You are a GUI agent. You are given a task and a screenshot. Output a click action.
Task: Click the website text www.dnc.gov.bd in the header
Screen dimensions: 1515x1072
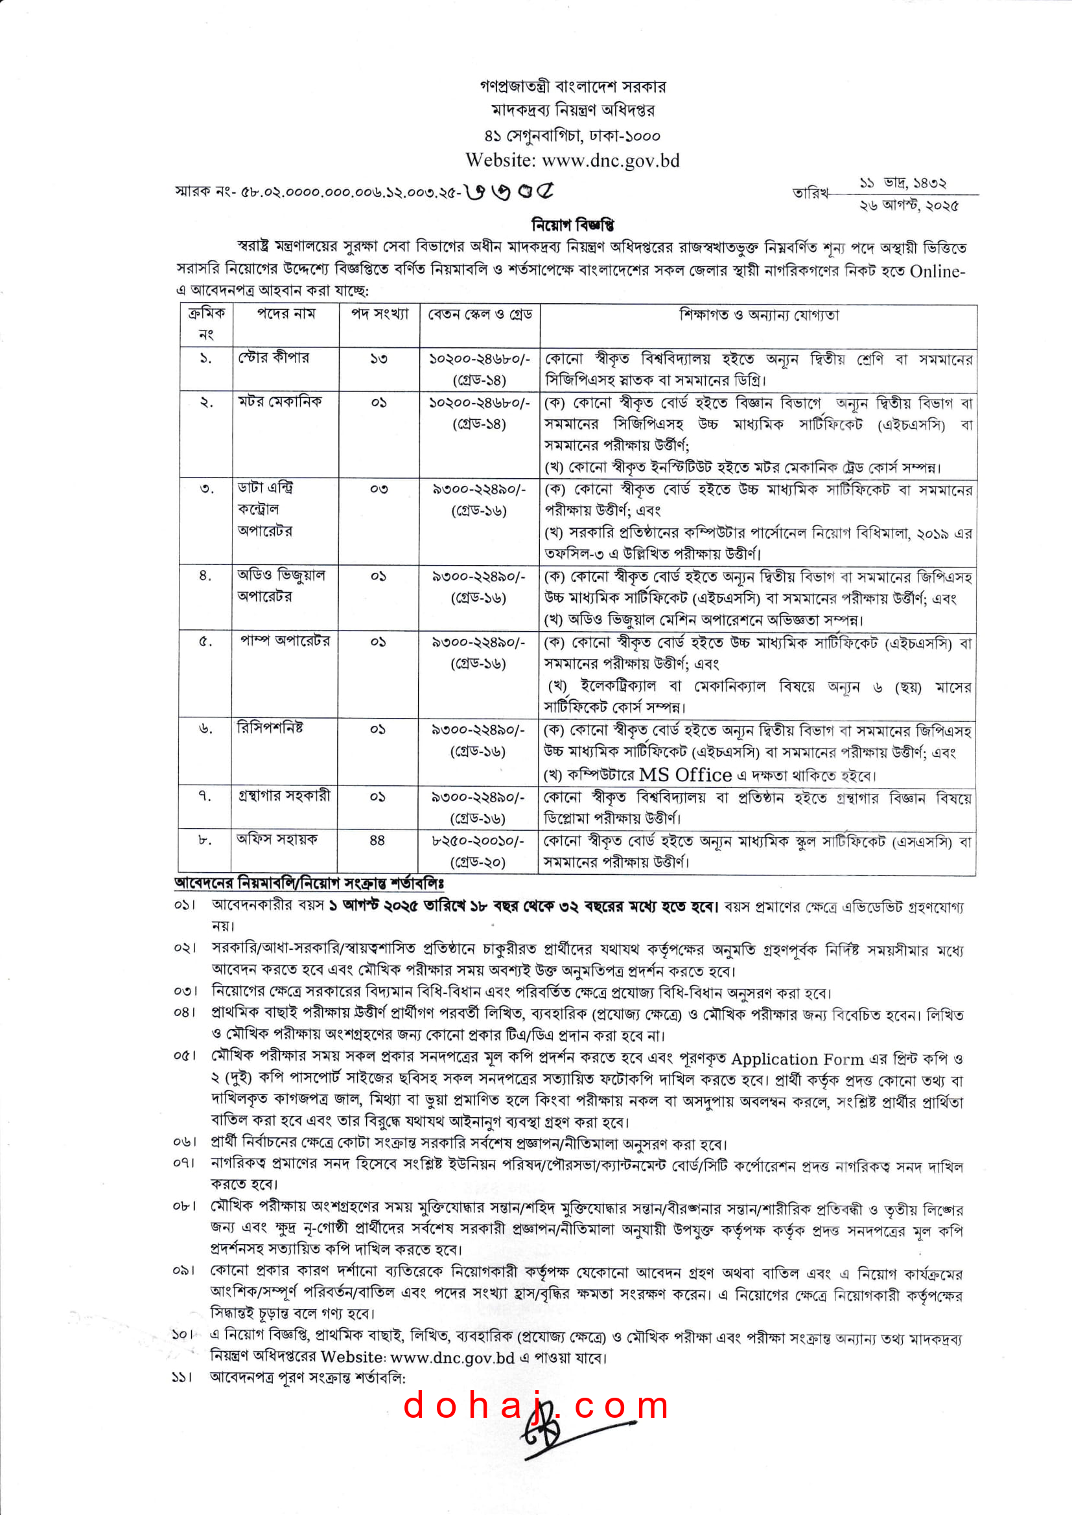611,160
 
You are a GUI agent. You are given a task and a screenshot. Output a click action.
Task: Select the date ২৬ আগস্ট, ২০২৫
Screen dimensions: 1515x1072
908,205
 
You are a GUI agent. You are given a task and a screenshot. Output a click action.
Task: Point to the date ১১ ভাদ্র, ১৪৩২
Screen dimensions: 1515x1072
902,183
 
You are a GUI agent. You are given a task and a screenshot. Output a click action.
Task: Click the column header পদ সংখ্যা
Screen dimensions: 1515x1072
380,314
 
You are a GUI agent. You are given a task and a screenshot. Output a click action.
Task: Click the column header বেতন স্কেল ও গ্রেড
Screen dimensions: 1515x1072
480,314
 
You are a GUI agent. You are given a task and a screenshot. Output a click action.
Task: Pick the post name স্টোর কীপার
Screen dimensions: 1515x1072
274,358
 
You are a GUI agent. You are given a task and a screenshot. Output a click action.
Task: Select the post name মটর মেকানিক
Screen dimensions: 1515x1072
280,401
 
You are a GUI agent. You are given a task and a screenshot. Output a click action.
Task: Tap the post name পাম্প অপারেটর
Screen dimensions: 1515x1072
285,641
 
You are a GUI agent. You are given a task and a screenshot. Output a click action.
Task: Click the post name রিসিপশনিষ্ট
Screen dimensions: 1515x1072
271,728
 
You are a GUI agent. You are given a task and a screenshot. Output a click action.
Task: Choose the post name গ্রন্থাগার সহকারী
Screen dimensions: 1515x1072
284,795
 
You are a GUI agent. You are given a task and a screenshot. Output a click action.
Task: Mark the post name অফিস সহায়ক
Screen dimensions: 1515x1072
277,838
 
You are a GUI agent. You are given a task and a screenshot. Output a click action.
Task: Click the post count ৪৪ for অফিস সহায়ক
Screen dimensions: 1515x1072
377,840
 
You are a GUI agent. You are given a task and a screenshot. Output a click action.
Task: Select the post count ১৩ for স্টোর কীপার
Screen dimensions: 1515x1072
379,359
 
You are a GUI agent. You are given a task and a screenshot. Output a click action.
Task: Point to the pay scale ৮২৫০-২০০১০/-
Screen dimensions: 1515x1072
478,840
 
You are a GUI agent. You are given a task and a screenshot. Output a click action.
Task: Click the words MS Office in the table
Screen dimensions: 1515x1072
685,774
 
